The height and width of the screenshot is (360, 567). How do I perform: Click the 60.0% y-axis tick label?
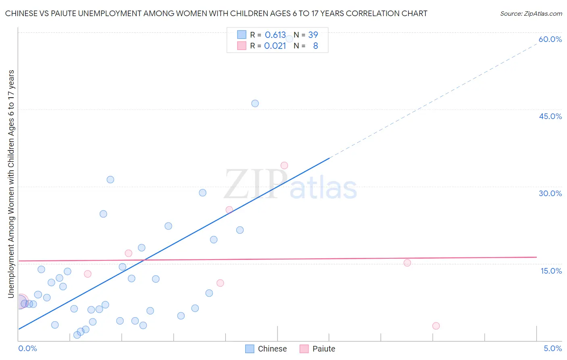pyautogui.click(x=550, y=39)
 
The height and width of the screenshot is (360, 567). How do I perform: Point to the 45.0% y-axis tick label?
pyautogui.click(x=550, y=116)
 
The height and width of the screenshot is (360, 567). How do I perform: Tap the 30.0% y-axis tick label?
pyautogui.click(x=550, y=193)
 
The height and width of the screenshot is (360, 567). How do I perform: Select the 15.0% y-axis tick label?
pyautogui.click(x=551, y=270)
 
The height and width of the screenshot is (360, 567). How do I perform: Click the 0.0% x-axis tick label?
pyautogui.click(x=27, y=348)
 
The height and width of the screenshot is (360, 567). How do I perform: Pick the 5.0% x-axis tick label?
pyautogui.click(x=552, y=348)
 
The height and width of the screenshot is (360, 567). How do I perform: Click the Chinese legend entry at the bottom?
pyautogui.click(x=266, y=349)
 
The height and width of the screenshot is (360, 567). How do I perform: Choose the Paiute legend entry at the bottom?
pyautogui.click(x=318, y=349)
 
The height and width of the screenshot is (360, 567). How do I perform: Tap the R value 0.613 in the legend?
pyautogui.click(x=275, y=35)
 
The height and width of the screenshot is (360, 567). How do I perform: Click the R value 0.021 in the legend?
pyautogui.click(x=275, y=46)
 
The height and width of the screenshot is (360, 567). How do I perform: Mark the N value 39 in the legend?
pyautogui.click(x=313, y=35)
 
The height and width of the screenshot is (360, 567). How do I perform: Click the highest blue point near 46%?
pyautogui.click(x=255, y=103)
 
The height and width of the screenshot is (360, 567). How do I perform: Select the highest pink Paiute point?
pyautogui.click(x=284, y=165)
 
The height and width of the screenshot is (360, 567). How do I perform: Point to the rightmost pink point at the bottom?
pyautogui.click(x=436, y=326)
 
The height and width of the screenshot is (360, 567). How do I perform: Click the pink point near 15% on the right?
pyautogui.click(x=407, y=263)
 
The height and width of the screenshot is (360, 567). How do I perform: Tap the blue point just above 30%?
pyautogui.click(x=110, y=180)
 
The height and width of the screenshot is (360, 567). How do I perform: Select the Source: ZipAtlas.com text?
pyautogui.click(x=531, y=14)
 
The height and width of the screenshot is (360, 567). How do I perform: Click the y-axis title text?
pyautogui.click(x=11, y=184)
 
